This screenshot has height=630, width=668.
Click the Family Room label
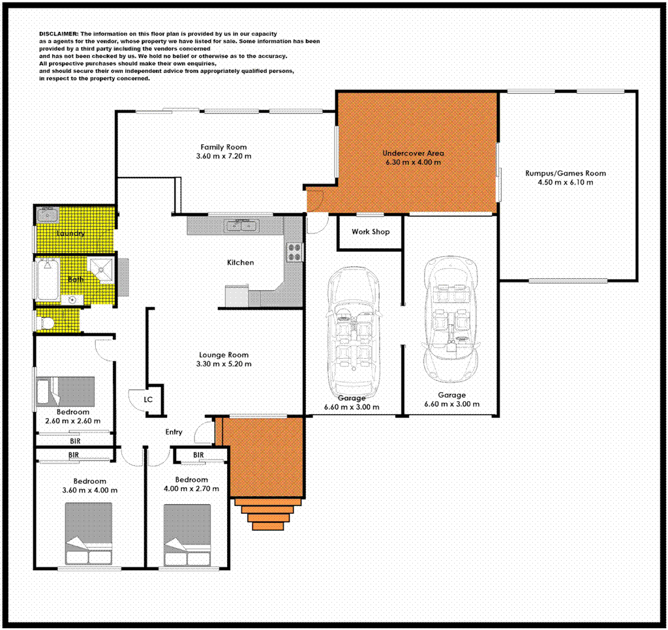click(x=223, y=147)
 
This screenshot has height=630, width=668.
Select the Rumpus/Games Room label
click(x=566, y=173)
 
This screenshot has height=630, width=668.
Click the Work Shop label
click(x=370, y=232)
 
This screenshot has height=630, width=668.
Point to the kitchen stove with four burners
click(x=295, y=252)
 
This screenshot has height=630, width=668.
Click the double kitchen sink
click(x=241, y=226)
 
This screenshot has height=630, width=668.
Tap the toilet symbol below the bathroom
click(x=46, y=322)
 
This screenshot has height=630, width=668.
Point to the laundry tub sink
click(x=48, y=216)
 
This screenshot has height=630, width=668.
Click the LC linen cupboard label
click(x=148, y=398)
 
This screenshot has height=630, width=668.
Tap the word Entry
click(x=174, y=432)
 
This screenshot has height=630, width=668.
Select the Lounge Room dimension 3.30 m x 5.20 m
click(x=224, y=365)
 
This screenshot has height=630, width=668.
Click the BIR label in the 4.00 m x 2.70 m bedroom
click(x=198, y=455)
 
